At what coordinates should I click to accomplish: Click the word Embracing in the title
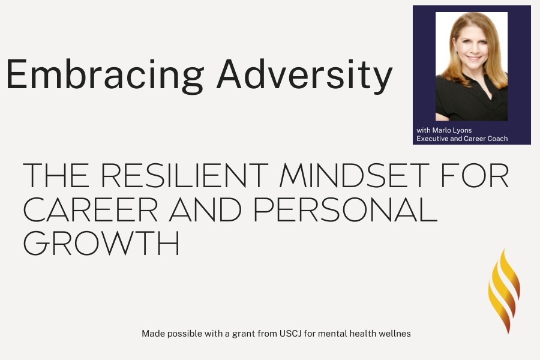(x=104, y=76)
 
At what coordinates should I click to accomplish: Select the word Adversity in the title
(x=304, y=76)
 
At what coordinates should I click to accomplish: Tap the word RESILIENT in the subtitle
(x=184, y=175)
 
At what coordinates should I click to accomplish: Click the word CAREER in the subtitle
(x=90, y=209)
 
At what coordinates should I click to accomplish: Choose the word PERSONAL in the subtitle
(x=346, y=209)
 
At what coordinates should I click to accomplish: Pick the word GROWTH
(x=101, y=243)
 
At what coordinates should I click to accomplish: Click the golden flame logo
(x=504, y=291)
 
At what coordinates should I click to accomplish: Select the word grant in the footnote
(x=242, y=334)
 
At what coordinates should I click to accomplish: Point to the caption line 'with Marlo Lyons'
(x=444, y=130)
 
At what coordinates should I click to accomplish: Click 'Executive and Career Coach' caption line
(x=462, y=139)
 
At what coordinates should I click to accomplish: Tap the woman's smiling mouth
(x=474, y=58)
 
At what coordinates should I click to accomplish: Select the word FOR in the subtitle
(x=475, y=175)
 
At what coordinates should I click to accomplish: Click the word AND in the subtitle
(x=205, y=209)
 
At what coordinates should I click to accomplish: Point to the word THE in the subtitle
(x=56, y=175)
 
